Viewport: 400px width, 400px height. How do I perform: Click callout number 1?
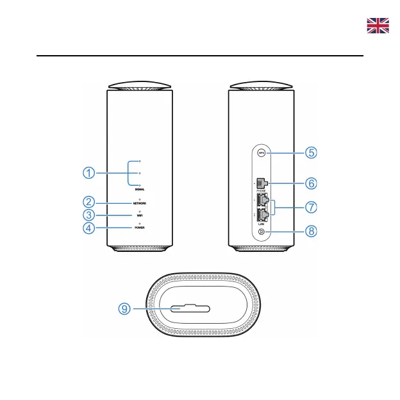(89, 173)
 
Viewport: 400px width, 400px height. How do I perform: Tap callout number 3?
(89, 215)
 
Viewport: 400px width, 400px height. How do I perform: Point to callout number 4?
(89, 228)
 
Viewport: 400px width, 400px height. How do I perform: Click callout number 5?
(310, 153)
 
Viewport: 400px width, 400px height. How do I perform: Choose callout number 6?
(310, 183)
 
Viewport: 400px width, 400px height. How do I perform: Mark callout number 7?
(310, 208)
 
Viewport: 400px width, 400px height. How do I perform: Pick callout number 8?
(310, 231)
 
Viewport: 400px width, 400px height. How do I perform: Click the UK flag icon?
(378, 26)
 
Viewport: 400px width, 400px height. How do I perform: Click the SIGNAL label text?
(140, 190)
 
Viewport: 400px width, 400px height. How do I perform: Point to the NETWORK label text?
(140, 203)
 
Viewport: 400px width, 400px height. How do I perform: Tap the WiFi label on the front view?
(140, 216)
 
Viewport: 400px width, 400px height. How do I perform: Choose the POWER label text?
(140, 228)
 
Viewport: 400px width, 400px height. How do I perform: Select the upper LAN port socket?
(262, 203)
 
